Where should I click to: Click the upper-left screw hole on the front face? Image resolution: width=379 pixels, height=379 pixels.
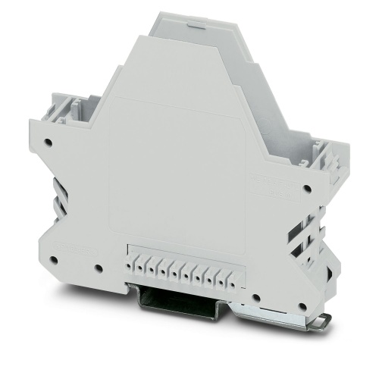pyautogui.click(x=48, y=141)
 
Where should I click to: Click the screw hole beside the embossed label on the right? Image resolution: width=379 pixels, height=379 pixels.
pyautogui.click(x=307, y=189)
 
